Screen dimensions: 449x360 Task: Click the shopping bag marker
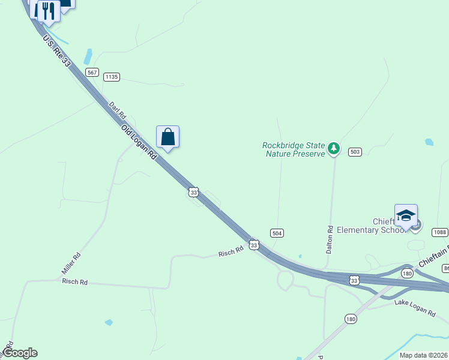point(168,137)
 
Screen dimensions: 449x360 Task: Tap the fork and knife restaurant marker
point(49,11)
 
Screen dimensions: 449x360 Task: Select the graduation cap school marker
point(406,216)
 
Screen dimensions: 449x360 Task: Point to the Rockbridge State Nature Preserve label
point(294,149)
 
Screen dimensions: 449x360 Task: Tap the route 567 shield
point(92,73)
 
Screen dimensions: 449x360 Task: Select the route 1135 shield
point(112,77)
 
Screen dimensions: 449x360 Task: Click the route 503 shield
point(355,152)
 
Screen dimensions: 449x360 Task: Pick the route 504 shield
point(277,233)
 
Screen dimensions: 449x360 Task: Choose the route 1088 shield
point(440,232)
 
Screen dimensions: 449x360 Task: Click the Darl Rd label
point(117,109)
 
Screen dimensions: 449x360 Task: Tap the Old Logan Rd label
point(139,142)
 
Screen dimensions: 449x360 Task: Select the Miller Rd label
point(71,264)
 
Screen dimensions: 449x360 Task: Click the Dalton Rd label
point(330,239)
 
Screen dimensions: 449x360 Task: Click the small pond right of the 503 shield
point(429,142)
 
